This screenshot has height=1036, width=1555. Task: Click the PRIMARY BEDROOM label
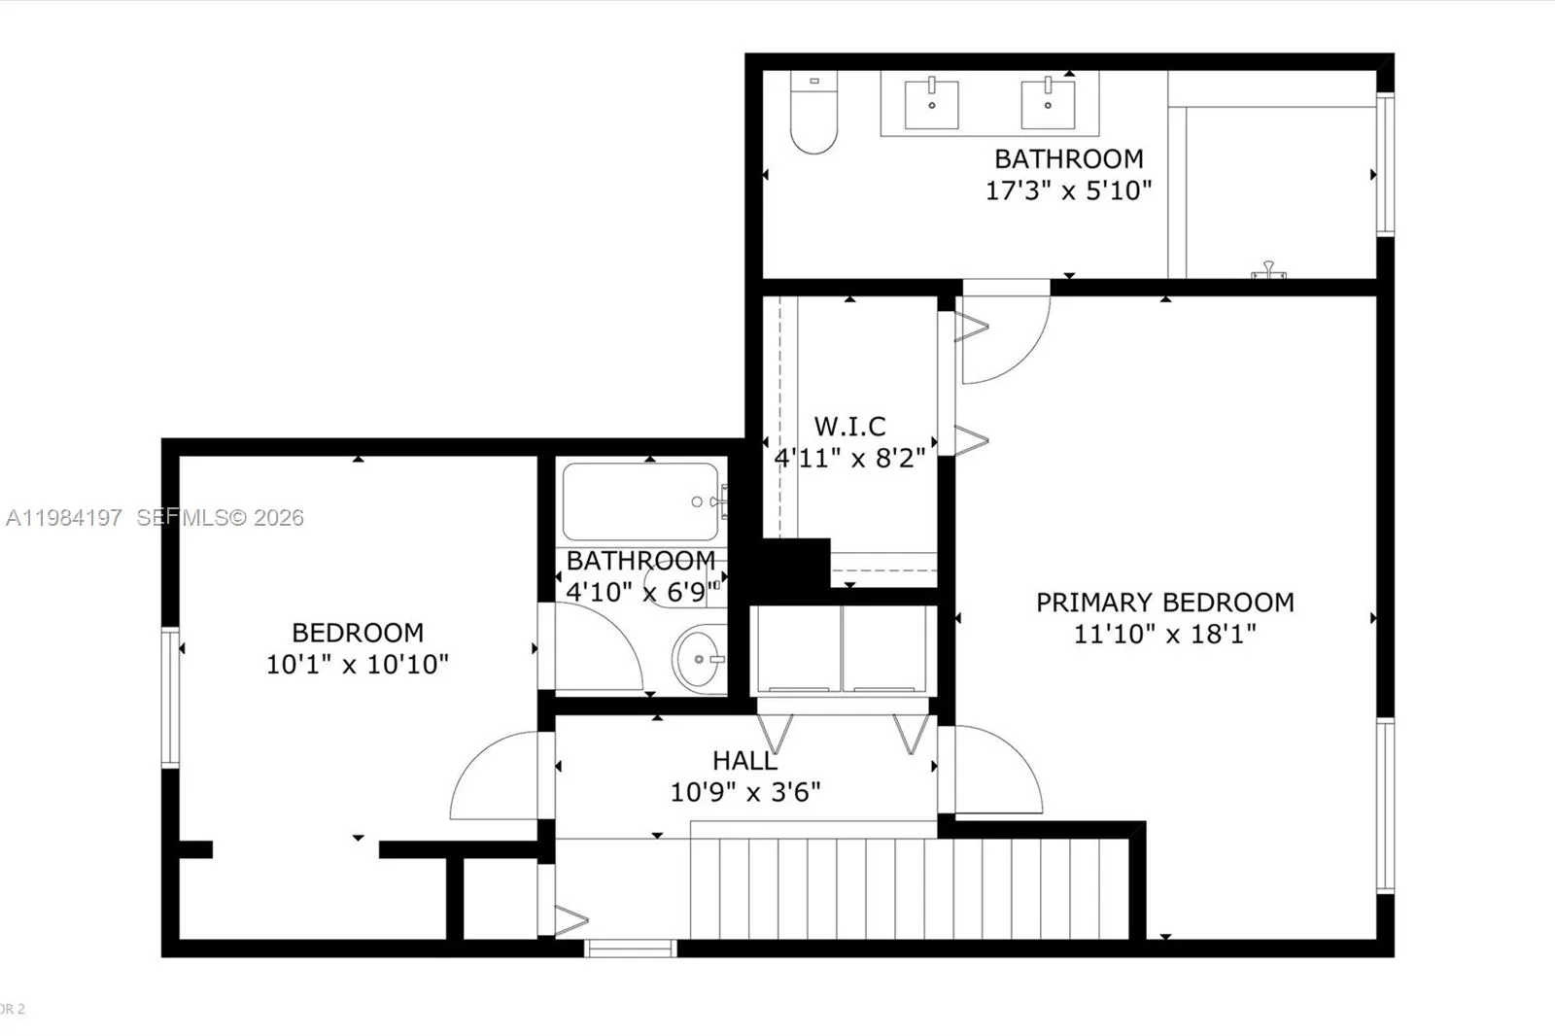click(1164, 603)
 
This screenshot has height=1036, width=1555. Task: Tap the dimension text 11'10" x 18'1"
click(1164, 635)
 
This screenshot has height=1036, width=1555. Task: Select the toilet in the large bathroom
click(813, 114)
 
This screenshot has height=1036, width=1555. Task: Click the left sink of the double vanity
click(931, 104)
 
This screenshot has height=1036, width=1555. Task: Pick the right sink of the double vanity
click(1048, 104)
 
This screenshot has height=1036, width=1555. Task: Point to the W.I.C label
click(849, 427)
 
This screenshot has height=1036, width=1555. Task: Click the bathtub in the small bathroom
click(640, 501)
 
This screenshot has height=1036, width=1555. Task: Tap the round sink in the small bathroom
click(699, 658)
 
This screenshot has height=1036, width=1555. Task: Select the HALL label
click(744, 761)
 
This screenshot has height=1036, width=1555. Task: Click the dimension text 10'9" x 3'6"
click(744, 793)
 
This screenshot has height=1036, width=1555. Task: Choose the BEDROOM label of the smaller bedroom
click(358, 633)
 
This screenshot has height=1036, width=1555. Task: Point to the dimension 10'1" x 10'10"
click(358, 665)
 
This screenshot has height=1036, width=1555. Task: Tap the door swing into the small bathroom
click(595, 646)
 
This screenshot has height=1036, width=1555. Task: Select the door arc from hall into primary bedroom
click(996, 770)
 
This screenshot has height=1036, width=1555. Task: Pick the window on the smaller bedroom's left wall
click(171, 698)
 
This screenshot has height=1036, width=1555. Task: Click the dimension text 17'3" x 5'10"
click(1068, 190)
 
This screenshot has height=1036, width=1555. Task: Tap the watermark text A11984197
click(64, 518)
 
